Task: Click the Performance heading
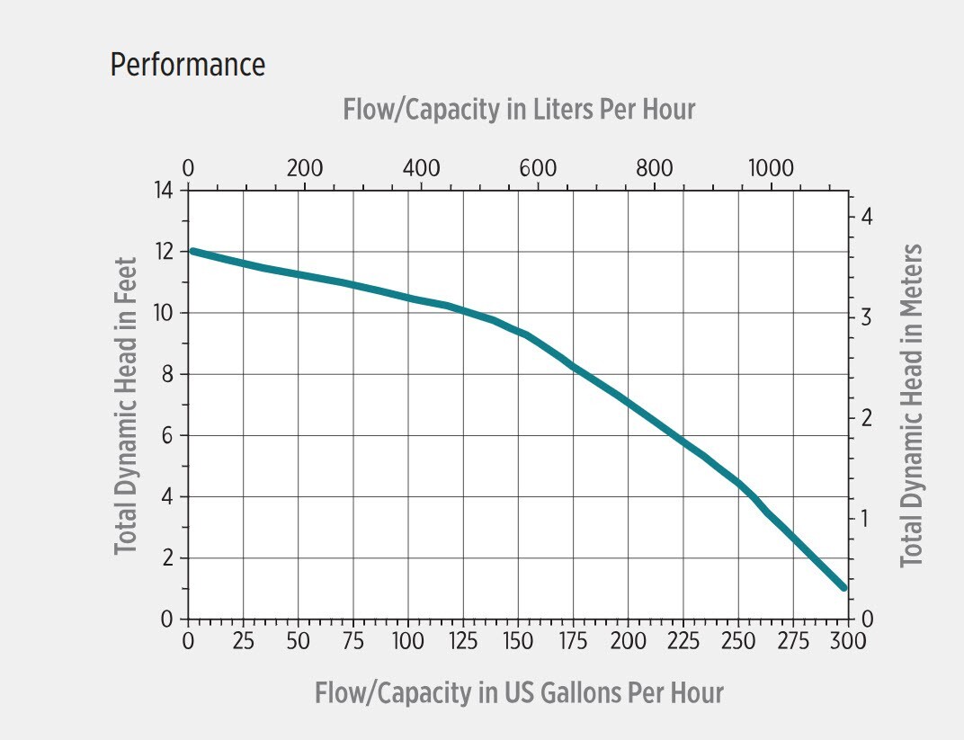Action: point(187,65)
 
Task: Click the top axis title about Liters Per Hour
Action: point(519,110)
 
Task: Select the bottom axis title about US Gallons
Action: point(519,693)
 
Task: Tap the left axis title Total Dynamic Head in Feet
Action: point(126,406)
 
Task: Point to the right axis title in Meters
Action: point(912,406)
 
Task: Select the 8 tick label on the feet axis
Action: point(167,375)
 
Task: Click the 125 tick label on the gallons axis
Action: point(462,641)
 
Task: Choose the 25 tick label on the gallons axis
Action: point(243,641)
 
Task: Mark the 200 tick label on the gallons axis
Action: point(628,641)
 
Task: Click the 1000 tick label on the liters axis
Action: point(771,168)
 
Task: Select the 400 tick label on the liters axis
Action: point(421,168)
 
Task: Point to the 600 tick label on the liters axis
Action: point(538,168)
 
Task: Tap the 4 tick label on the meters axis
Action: point(867,218)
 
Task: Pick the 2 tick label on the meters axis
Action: point(867,418)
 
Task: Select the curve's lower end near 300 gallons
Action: point(843,587)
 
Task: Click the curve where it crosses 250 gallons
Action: point(738,483)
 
